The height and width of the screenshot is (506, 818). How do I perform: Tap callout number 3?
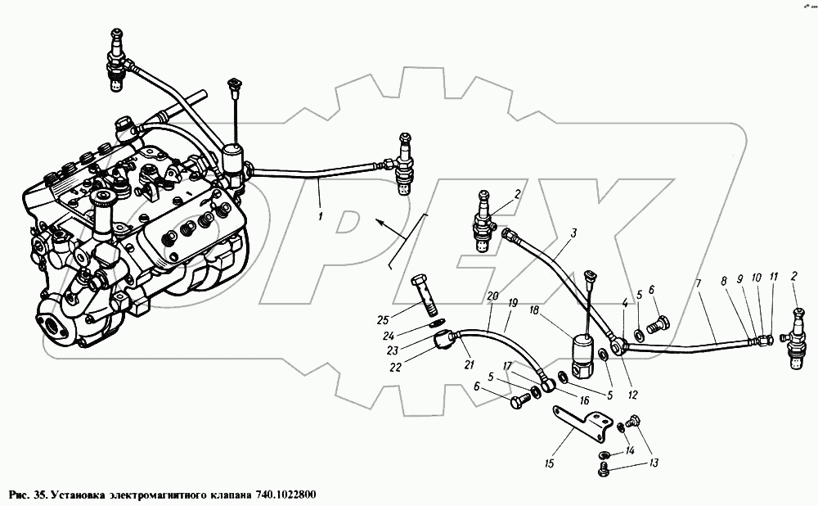(x=573, y=233)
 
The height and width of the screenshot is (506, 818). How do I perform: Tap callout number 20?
(x=491, y=296)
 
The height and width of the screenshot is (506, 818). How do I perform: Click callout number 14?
(x=630, y=451)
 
